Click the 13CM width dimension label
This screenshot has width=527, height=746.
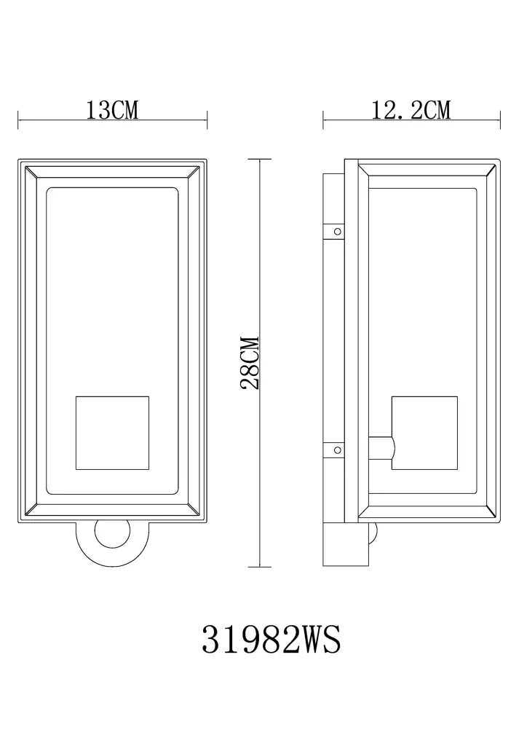pyautogui.click(x=112, y=110)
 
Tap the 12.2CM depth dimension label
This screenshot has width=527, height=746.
pyautogui.click(x=411, y=110)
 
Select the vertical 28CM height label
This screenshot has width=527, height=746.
pyautogui.click(x=250, y=363)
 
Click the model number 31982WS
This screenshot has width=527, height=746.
pyautogui.click(x=272, y=640)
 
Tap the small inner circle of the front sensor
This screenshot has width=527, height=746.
pyautogui.click(x=113, y=534)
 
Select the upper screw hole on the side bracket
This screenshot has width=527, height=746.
pyautogui.click(x=338, y=231)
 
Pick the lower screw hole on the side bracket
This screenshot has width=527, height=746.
pyautogui.click(x=338, y=449)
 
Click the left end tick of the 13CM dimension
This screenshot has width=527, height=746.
pyautogui.click(x=18, y=119)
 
